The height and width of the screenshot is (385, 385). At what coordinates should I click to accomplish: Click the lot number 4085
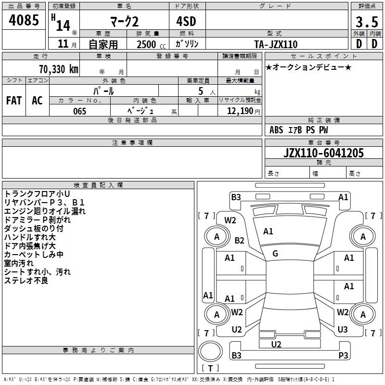tap(24, 20)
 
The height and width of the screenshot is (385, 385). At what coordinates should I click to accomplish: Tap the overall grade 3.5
tap(367, 22)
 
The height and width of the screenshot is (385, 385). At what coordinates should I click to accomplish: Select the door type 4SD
tap(186, 21)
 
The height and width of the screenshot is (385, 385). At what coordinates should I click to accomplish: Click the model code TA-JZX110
tap(276, 44)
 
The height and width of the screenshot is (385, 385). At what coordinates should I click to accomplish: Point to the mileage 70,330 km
tap(59, 69)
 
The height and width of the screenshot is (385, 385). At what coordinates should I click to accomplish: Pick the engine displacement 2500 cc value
tap(151, 44)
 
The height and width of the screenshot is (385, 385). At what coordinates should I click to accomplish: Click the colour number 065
tap(79, 111)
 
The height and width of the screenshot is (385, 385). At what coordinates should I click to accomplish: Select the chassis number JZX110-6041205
tap(323, 153)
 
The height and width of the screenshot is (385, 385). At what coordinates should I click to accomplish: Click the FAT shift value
tap(14, 101)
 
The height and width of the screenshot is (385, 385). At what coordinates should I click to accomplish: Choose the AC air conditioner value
tap(38, 101)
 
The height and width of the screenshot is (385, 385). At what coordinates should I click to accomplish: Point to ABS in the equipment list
tap(276, 130)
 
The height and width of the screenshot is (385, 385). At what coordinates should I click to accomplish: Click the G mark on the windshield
tap(275, 254)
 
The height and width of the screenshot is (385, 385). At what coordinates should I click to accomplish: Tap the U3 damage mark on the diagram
tap(343, 330)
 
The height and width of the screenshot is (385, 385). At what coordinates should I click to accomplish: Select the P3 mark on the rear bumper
tap(343, 355)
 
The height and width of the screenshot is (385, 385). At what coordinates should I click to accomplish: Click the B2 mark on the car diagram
tap(239, 240)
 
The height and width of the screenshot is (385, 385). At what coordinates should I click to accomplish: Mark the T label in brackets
tap(210, 368)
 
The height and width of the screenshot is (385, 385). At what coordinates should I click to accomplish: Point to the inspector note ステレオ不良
tap(26, 281)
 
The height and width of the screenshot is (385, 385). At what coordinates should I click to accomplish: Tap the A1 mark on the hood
tap(268, 231)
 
